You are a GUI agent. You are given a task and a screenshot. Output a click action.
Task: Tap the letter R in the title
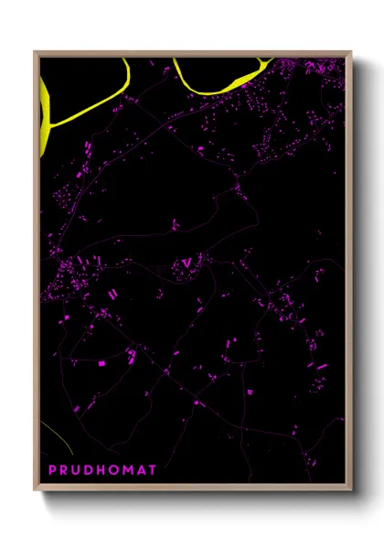64,469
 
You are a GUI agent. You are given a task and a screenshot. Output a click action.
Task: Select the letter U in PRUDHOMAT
77,469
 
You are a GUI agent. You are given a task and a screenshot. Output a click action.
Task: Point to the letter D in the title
90,469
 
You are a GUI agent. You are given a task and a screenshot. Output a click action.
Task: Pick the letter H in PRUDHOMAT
102,469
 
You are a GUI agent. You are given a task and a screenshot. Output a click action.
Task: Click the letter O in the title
116,469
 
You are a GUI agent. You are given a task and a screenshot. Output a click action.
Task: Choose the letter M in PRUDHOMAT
131,469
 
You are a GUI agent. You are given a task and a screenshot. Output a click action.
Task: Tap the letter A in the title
144,469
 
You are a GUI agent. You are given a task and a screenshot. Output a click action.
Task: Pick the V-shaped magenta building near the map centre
187,264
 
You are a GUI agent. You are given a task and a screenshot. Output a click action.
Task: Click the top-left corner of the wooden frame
36,52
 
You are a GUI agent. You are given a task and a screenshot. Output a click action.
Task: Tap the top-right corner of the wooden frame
351,52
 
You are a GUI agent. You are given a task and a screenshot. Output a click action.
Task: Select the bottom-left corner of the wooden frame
36,492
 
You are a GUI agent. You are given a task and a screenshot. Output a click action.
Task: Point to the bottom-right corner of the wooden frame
351,492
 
